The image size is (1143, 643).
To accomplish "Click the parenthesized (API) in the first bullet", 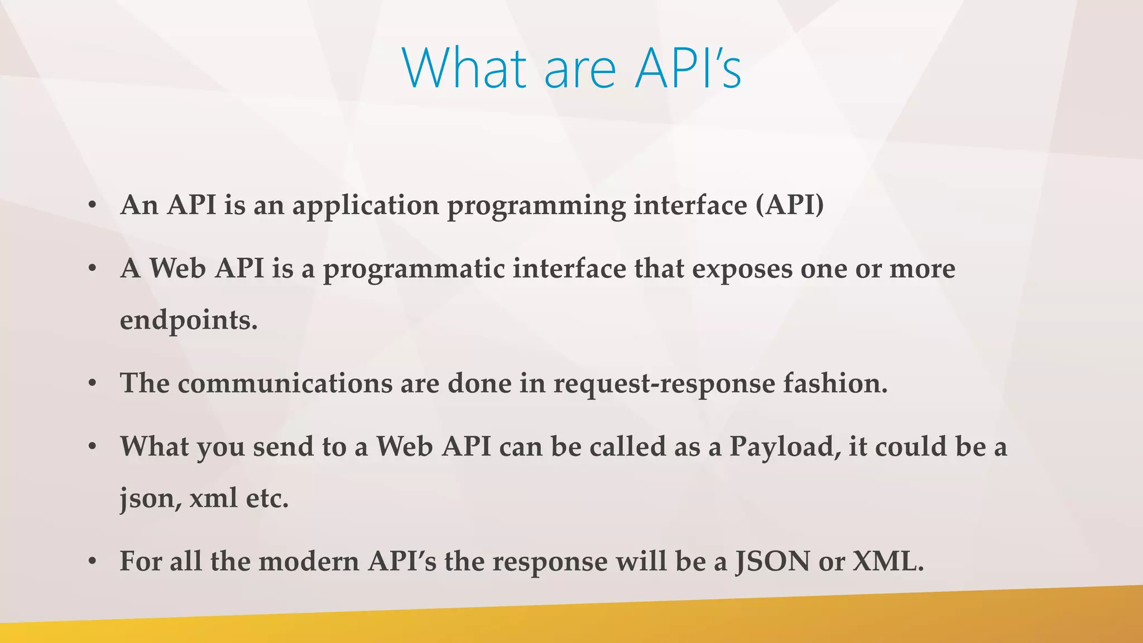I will pyautogui.click(x=789, y=205).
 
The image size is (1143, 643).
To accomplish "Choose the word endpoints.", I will pyautogui.click(x=189, y=321).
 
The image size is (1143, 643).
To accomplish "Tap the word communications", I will pyautogui.click(x=285, y=383).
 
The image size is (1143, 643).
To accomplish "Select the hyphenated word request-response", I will pyautogui.click(x=664, y=385).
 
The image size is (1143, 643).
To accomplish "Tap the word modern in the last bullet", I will pyautogui.click(x=309, y=562).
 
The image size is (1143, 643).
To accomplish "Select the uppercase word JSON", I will pyautogui.click(x=772, y=562).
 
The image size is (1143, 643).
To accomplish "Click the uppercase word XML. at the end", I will pyautogui.click(x=889, y=562).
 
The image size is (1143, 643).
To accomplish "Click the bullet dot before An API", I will pyautogui.click(x=93, y=206).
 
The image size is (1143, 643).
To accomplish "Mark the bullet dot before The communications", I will pyautogui.click(x=93, y=384).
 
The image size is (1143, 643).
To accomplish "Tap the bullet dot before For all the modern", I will pyautogui.click(x=93, y=562).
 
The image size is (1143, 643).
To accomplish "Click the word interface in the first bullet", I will pyautogui.click(x=690, y=205).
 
